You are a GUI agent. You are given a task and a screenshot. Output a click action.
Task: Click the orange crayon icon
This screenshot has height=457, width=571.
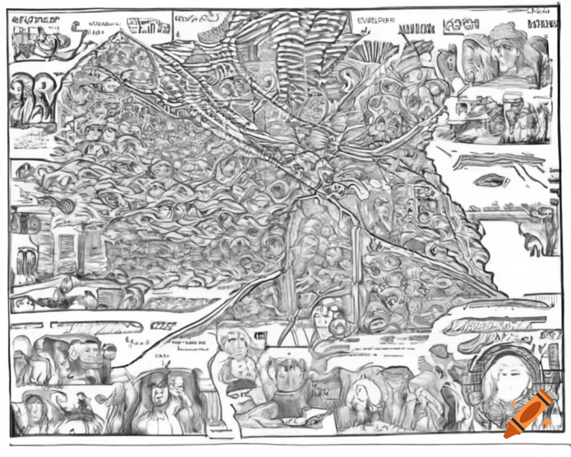[x=529, y=414]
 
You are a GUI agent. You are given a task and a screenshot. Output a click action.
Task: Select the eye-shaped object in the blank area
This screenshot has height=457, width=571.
[x=491, y=181]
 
